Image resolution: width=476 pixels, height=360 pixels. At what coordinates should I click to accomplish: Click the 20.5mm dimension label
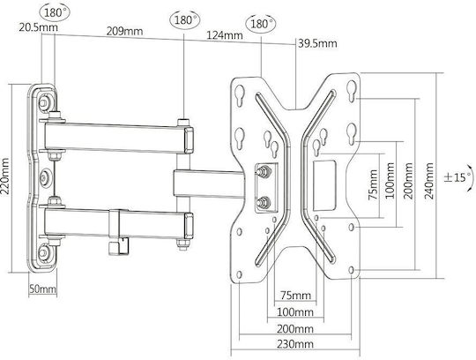38,27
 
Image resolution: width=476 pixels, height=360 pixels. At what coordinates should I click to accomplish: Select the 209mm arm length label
124,31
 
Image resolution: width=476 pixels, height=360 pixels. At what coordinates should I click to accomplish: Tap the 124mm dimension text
225,35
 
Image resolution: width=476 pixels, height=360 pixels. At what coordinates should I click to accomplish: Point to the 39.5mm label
317,43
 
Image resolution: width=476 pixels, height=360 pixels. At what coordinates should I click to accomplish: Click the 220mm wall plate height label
5,176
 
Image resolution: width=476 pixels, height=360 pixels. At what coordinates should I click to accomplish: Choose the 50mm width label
43,289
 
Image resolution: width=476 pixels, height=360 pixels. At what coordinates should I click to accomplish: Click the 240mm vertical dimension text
429,181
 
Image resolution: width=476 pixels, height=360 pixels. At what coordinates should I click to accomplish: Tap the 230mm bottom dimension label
295,344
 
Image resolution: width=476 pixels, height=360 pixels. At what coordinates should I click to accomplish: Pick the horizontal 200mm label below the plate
295,329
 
